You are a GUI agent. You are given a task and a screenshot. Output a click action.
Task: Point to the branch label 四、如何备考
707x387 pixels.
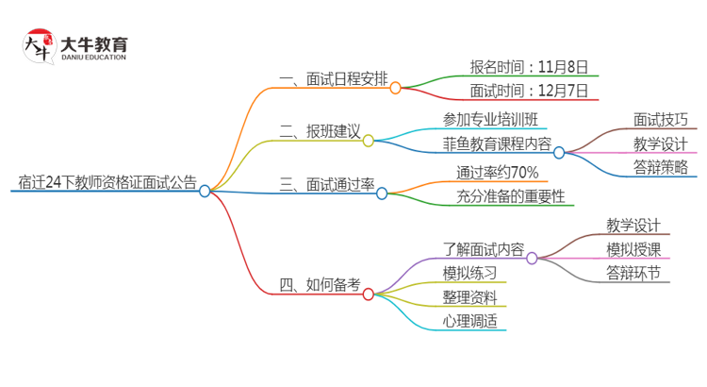click(321, 284)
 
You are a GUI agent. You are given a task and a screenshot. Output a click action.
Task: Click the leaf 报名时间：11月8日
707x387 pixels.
click(529, 67)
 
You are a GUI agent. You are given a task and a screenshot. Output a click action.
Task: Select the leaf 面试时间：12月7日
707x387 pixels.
click(529, 92)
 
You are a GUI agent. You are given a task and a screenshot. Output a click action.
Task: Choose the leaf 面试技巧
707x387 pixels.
click(661, 119)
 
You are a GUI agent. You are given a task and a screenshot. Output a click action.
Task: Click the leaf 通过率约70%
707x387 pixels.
click(497, 172)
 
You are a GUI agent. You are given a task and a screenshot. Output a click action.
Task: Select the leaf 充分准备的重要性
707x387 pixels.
click(504, 197)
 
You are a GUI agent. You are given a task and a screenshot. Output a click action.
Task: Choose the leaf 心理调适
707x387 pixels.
click(470, 321)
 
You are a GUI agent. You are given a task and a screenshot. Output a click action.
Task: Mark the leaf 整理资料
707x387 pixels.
click(470, 297)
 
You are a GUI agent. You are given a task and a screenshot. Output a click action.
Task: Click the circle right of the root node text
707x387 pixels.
click(205, 191)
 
